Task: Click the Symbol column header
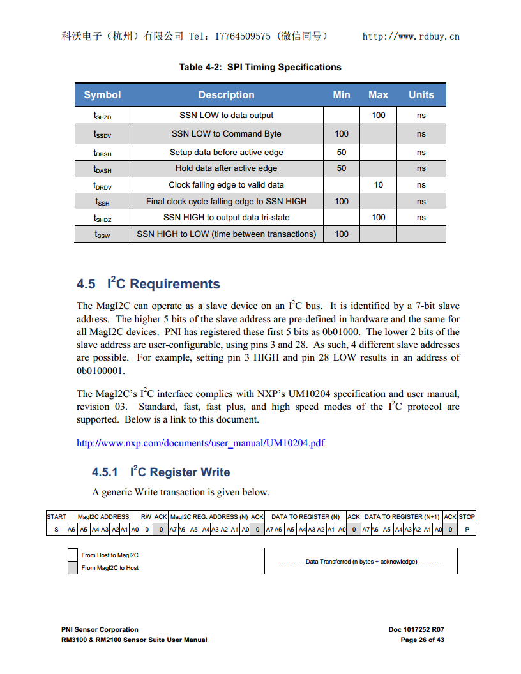pyautogui.click(x=102, y=95)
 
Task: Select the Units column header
pyautogui.click(x=421, y=95)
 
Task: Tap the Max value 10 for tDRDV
pyautogui.click(x=378, y=185)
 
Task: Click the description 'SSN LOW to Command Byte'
pyautogui.click(x=226, y=134)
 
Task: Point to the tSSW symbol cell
pyautogui.click(x=102, y=234)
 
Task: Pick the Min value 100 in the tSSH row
pyautogui.click(x=342, y=202)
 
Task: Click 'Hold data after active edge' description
pyautogui.click(x=226, y=168)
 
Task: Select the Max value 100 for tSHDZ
pyautogui.click(x=378, y=218)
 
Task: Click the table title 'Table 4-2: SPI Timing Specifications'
pyautogui.click(x=260, y=67)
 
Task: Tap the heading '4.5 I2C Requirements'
pyautogui.click(x=148, y=284)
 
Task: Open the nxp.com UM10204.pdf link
pyautogui.click(x=200, y=443)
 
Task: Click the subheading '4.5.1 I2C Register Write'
pyautogui.click(x=161, y=472)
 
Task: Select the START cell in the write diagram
pyautogui.click(x=57, y=517)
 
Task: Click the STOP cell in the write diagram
pyautogui.click(x=467, y=517)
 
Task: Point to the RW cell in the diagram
pyautogui.click(x=146, y=517)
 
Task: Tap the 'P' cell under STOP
pyautogui.click(x=467, y=530)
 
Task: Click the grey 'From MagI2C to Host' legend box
pyautogui.click(x=73, y=568)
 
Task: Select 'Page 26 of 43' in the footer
pyautogui.click(x=422, y=640)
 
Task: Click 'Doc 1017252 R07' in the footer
pyautogui.click(x=416, y=629)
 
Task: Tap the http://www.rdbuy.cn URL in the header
pyautogui.click(x=411, y=36)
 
